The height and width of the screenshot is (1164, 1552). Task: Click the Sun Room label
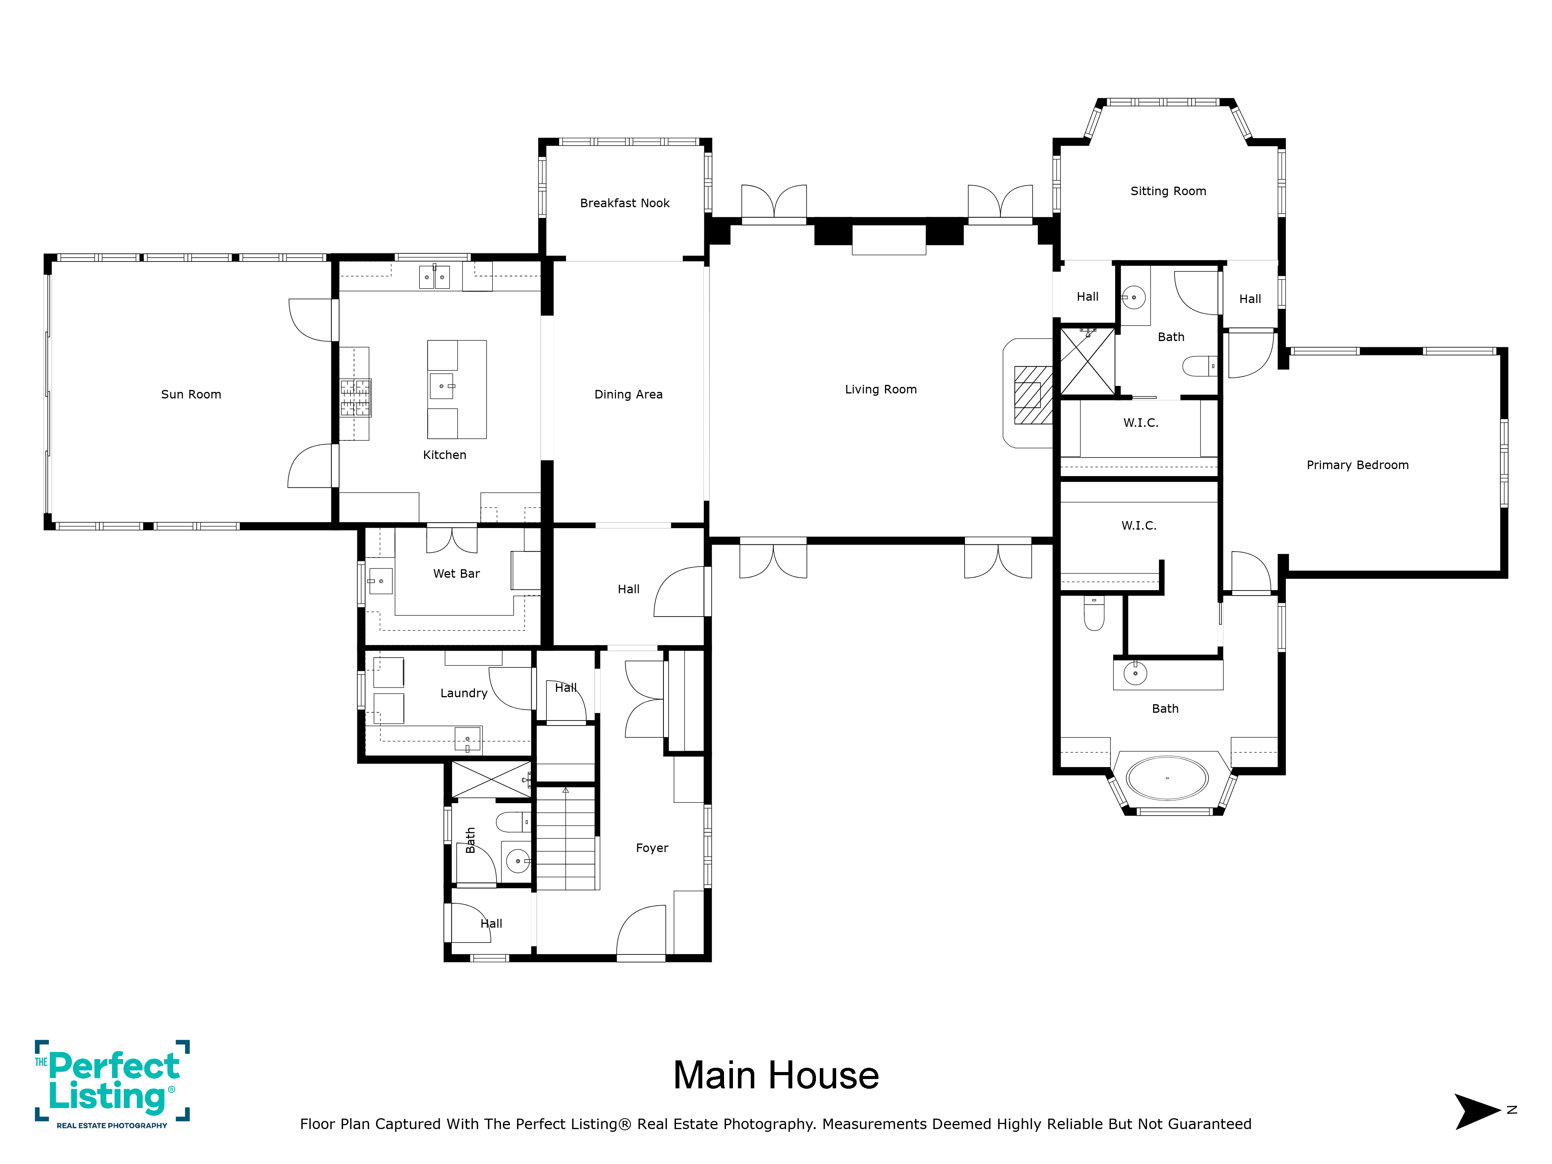pyautogui.click(x=191, y=394)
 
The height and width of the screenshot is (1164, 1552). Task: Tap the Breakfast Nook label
pyautogui.click(x=624, y=203)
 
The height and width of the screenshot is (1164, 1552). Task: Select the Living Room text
pyautogui.click(x=880, y=390)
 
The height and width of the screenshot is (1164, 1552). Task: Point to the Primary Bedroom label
pyautogui.click(x=1357, y=465)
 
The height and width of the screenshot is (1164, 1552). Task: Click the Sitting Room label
pyautogui.click(x=1168, y=191)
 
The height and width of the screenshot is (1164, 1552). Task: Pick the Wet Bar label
pyautogui.click(x=456, y=573)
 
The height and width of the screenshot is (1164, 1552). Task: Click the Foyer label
pyautogui.click(x=652, y=848)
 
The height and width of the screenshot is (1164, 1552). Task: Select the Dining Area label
pyautogui.click(x=628, y=394)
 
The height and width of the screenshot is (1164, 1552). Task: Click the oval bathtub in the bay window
pyautogui.click(x=1167, y=778)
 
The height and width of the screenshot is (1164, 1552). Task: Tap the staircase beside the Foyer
pyautogui.click(x=566, y=838)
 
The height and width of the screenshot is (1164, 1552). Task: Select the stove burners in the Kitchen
pyautogui.click(x=356, y=398)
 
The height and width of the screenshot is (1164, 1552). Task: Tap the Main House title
pyautogui.click(x=776, y=1076)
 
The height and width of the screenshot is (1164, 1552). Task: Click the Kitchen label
pyautogui.click(x=444, y=455)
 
